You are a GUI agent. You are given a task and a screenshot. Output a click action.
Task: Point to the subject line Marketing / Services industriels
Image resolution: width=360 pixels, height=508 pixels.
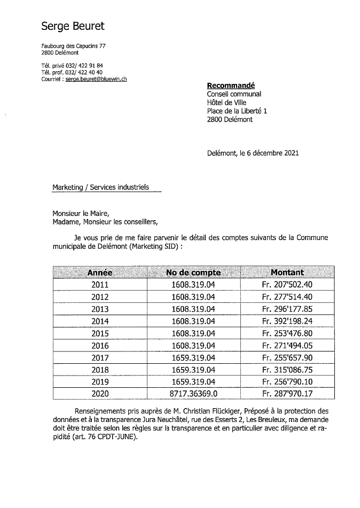100,187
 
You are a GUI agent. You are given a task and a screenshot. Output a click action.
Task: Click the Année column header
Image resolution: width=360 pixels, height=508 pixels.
100,272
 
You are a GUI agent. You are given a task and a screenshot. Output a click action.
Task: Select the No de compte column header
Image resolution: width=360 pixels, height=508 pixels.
193,272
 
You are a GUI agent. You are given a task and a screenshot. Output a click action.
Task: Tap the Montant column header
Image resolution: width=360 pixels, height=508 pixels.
287,272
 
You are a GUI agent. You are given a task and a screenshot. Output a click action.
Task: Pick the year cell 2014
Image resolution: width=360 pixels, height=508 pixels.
100,321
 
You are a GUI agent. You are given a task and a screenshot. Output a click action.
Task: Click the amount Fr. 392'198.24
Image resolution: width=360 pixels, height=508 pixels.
287,321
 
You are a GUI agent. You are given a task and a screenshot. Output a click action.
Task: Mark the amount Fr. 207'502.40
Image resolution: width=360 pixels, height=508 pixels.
287,285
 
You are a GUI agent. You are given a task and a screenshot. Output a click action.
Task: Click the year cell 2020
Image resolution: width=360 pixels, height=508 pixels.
100,394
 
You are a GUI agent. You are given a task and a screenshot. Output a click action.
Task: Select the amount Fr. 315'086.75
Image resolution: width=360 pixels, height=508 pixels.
287,370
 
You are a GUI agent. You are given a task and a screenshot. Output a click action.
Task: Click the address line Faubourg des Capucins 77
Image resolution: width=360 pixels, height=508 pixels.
73,46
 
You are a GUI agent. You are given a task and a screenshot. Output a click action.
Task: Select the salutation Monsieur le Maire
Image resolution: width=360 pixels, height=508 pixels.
80,213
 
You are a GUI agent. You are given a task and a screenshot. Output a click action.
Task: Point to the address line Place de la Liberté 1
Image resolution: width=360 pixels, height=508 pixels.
237,111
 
